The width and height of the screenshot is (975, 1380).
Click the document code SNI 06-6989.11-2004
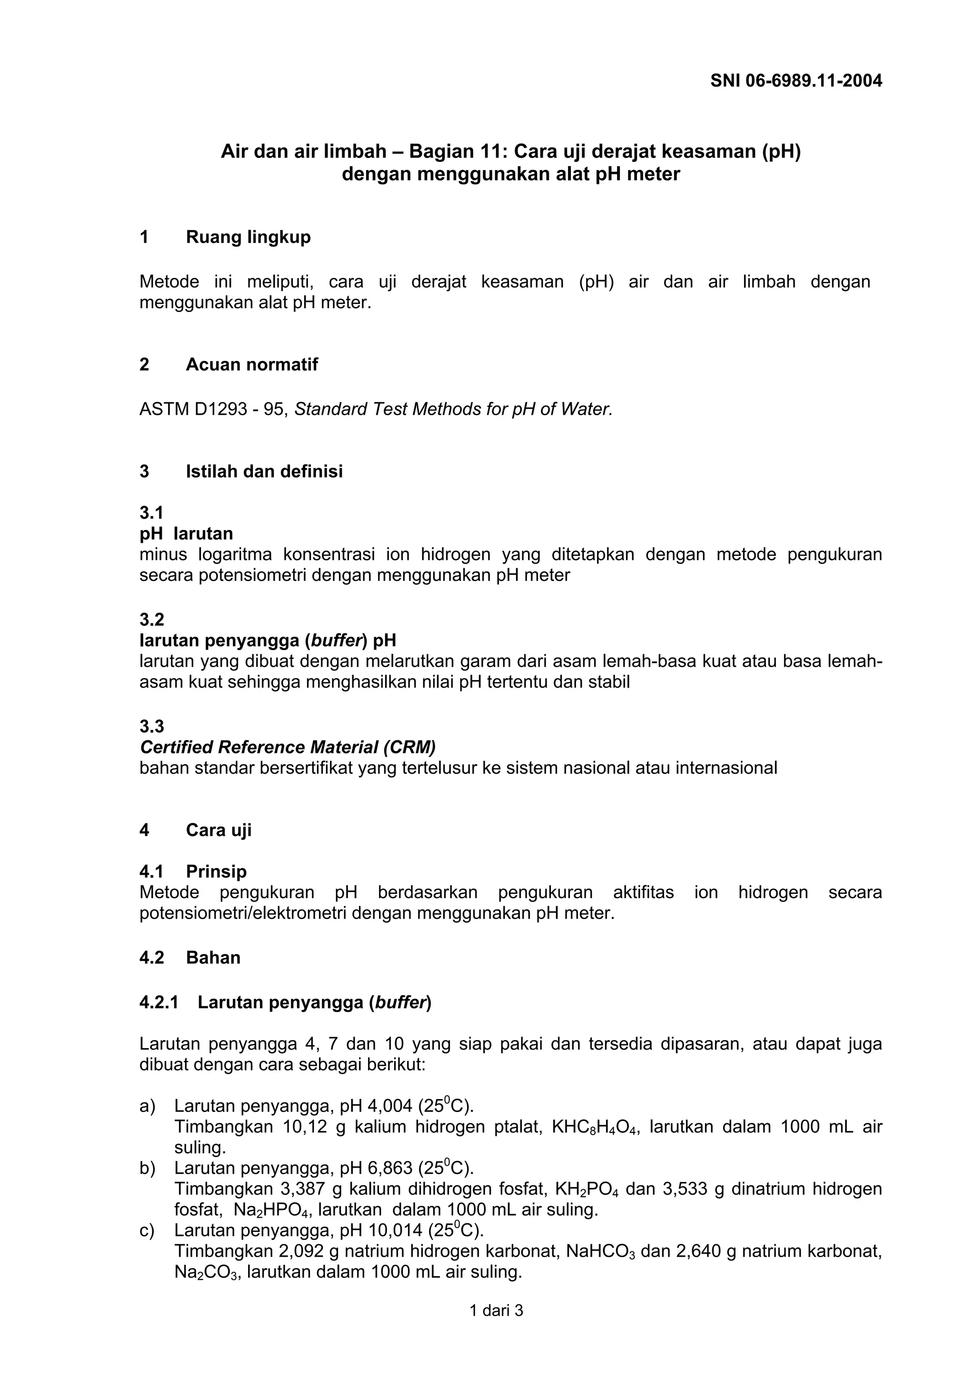coord(796,80)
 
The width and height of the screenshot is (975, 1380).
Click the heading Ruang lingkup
coord(248,238)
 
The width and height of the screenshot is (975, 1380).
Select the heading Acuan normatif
coord(252,364)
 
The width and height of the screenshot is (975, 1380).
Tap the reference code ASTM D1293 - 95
coord(214,410)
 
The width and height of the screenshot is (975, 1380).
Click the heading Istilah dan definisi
coord(264,471)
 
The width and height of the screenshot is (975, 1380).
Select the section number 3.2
coord(151,620)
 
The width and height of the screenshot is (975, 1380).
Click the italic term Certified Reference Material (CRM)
coord(287,747)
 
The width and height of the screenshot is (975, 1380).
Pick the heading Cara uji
coord(219,830)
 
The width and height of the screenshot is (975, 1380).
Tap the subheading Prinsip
coord(216,871)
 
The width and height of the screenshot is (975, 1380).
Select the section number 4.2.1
coord(159,1002)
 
